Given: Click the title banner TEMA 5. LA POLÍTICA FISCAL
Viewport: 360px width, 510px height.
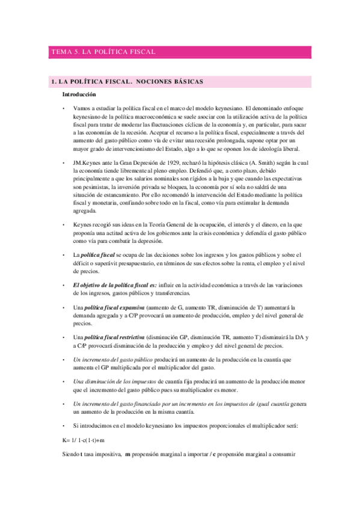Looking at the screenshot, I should (x=104, y=52).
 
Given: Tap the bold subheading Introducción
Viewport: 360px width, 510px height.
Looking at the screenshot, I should (x=79, y=94).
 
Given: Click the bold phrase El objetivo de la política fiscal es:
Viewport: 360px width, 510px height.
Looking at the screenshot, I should (x=115, y=284).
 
